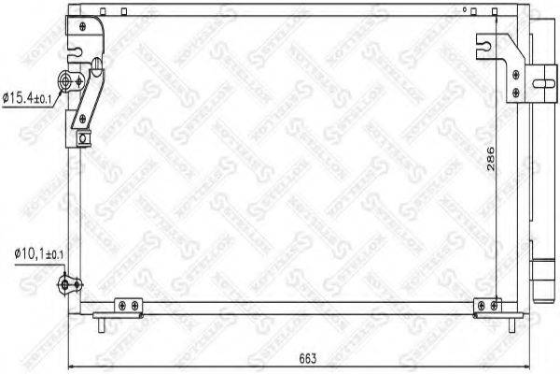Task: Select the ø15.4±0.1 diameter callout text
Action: pyautogui.click(x=31, y=95)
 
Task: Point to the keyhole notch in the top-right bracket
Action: pyautogui.click(x=483, y=42)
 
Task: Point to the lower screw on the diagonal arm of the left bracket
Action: pyautogui.click(x=84, y=117)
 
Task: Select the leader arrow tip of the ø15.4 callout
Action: pyautogui.click(x=59, y=93)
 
